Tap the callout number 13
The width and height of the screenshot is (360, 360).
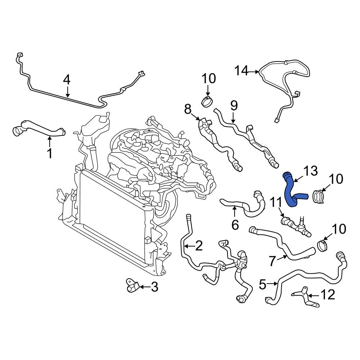click(x=310, y=171)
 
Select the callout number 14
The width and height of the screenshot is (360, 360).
click(x=242, y=71)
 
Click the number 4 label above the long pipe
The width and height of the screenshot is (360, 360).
click(x=67, y=80)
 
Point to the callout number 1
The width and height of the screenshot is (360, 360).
click(x=50, y=154)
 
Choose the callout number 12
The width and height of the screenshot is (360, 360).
click(x=328, y=295)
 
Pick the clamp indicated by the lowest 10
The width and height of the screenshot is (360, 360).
click(x=323, y=246)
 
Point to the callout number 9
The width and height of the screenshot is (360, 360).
click(x=234, y=105)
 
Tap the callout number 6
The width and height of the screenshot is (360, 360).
click(x=235, y=225)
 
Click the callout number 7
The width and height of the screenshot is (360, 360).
click(x=273, y=260)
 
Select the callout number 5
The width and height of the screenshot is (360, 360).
click(x=262, y=285)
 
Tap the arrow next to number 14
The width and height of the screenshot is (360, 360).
click(x=254, y=72)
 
